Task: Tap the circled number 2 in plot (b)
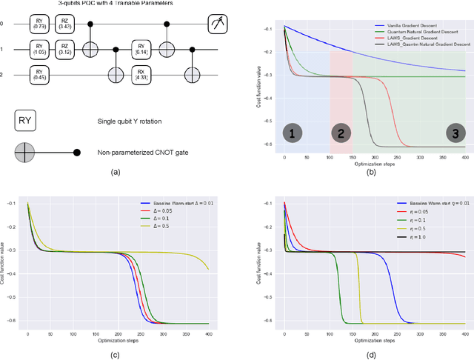(x=341, y=134)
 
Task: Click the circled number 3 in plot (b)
(x=451, y=134)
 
